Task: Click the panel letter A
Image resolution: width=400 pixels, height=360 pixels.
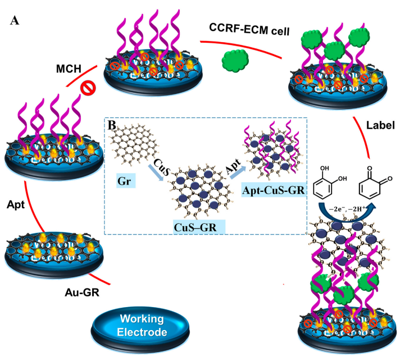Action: point(15,21)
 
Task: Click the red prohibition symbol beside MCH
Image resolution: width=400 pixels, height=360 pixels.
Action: point(87,88)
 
